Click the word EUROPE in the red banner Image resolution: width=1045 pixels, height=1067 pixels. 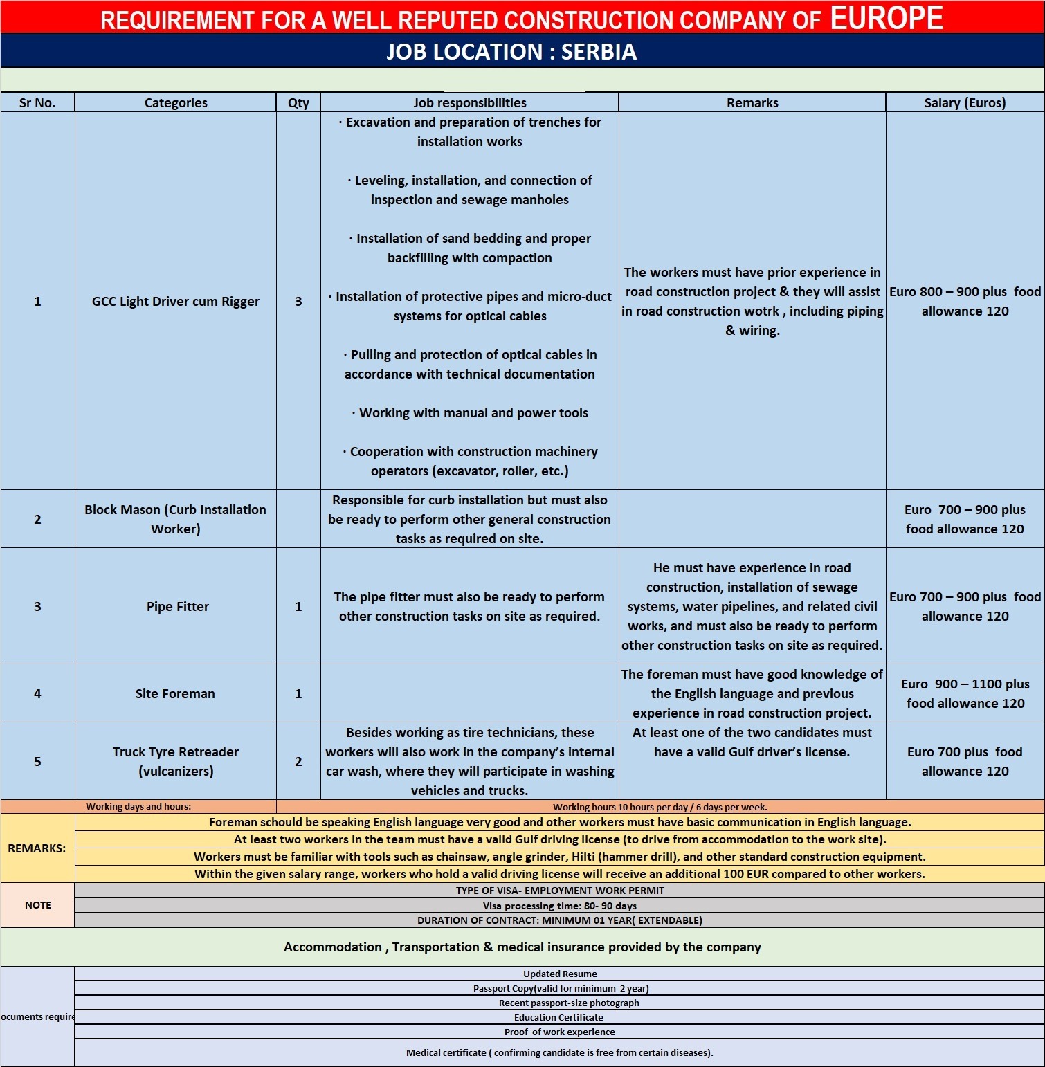[x=886, y=17]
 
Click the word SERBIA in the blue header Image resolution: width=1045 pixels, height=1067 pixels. [x=599, y=52]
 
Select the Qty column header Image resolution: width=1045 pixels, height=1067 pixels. [x=298, y=102]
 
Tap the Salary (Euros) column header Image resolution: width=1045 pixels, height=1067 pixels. [x=965, y=102]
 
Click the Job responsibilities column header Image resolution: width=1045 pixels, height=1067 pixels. [x=469, y=102]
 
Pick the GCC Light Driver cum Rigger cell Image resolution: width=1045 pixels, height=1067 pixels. [x=176, y=301]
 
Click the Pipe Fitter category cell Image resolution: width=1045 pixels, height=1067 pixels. [x=177, y=606]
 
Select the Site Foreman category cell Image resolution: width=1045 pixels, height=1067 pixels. [x=175, y=693]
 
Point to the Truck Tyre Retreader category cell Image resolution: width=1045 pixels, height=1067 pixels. [x=176, y=761]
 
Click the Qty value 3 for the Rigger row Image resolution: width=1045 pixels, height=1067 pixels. [x=298, y=301]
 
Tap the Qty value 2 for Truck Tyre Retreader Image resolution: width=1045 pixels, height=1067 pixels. [x=298, y=761]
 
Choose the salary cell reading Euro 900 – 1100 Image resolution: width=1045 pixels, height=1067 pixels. [x=965, y=693]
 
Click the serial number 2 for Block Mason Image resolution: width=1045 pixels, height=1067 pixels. [x=37, y=519]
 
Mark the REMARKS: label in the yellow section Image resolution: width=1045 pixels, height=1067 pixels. [x=37, y=848]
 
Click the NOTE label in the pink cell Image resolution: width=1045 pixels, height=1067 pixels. [x=37, y=905]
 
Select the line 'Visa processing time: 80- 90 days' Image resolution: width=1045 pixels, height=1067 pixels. [x=559, y=906]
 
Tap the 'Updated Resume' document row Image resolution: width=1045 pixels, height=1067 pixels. [x=559, y=974]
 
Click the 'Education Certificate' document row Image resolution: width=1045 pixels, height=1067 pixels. [x=558, y=1017]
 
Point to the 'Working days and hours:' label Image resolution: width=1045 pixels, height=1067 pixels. [x=138, y=806]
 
